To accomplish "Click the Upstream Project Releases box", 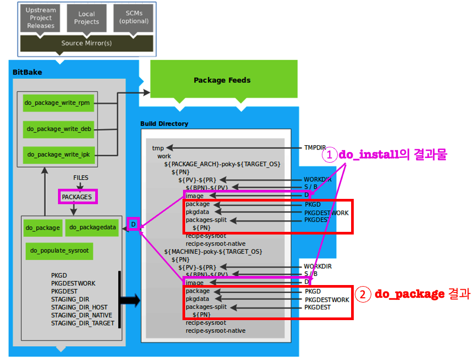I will point(41,18).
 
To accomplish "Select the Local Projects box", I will point(87,18).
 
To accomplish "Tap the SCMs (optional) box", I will point(134,18).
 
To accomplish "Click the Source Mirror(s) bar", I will point(86,43).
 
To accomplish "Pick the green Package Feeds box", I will point(222,80).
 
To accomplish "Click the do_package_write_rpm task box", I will point(59,103).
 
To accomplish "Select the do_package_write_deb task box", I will point(59,128).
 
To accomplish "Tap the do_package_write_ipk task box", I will point(59,154).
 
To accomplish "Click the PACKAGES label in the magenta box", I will point(77,197).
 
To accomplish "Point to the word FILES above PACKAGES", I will point(81,178).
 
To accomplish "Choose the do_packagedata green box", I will point(93,228).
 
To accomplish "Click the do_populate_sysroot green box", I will point(59,251).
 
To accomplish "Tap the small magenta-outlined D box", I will point(133,225).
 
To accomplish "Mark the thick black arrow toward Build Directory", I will point(130,300).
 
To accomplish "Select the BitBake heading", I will point(27,72).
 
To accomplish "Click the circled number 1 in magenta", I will point(329,155).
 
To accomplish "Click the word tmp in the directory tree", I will point(158,148).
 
